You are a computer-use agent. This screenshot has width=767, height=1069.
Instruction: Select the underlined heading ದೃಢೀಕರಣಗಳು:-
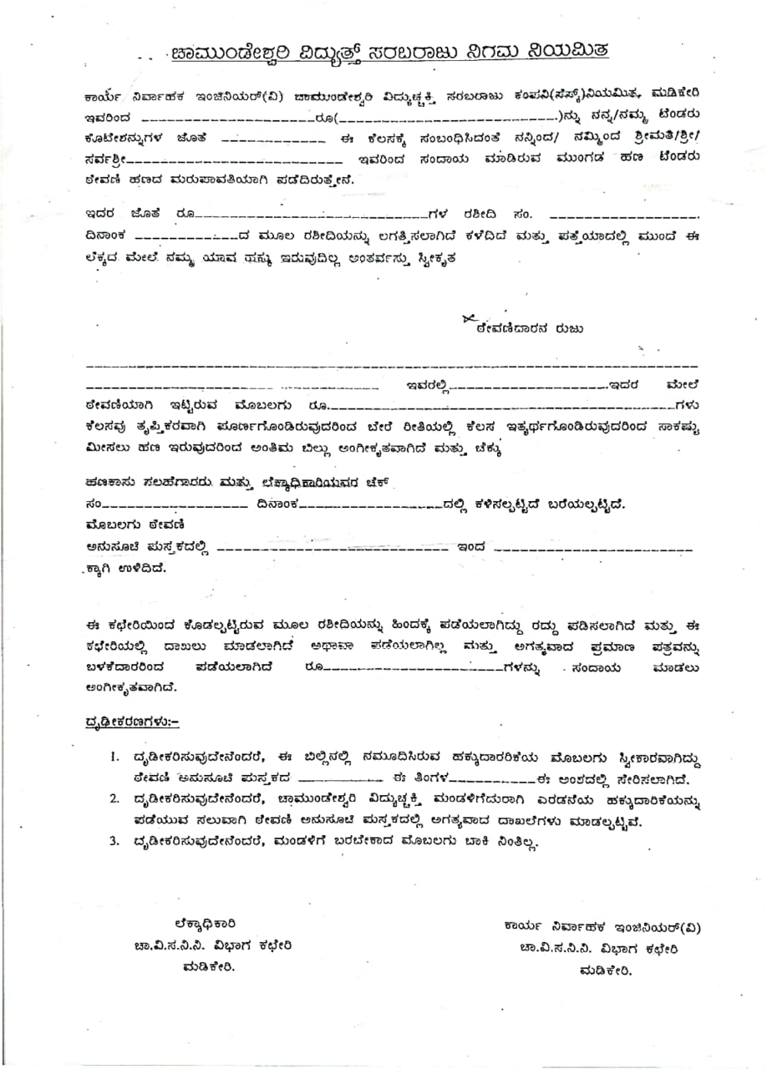(132, 720)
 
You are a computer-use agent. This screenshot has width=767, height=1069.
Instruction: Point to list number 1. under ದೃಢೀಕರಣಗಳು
(115, 757)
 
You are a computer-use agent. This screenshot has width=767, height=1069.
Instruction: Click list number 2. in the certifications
(115, 799)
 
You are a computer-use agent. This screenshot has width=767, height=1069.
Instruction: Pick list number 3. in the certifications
(115, 841)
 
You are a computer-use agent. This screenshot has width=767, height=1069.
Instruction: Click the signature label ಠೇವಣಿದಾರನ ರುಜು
(530, 329)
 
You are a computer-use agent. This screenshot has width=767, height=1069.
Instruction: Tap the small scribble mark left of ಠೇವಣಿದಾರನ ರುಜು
(467, 318)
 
